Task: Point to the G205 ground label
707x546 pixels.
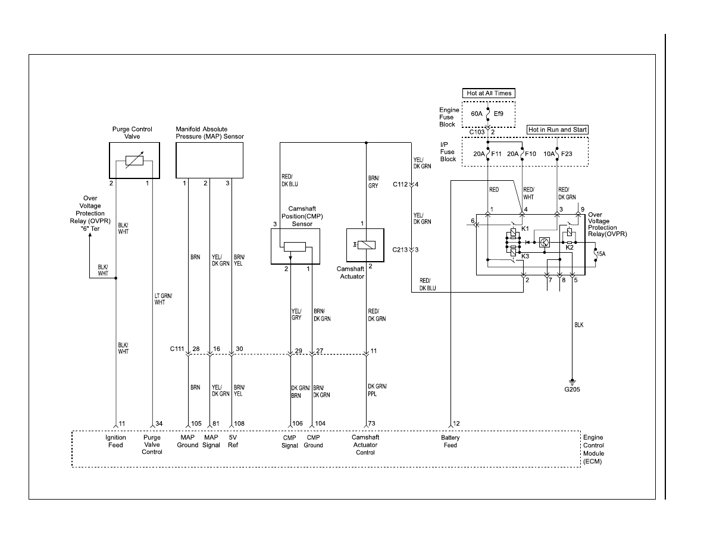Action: click(x=572, y=389)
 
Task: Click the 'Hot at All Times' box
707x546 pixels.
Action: click(x=489, y=93)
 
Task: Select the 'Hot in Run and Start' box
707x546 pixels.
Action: click(x=558, y=130)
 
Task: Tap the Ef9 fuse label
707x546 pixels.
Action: click(x=498, y=114)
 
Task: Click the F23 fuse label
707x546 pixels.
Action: click(x=567, y=153)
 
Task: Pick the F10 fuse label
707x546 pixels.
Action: click(x=530, y=153)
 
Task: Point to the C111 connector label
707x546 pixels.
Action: click(x=177, y=349)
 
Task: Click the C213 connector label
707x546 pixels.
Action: click(x=400, y=250)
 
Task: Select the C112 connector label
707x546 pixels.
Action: click(x=401, y=184)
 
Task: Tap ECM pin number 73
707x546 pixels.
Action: click(x=371, y=423)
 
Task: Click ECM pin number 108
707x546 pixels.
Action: click(x=239, y=423)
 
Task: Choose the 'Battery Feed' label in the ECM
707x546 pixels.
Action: click(x=451, y=441)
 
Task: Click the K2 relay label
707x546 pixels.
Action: click(x=570, y=247)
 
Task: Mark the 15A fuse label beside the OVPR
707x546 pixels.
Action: click(x=601, y=253)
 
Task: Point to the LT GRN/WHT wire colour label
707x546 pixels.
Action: click(x=163, y=299)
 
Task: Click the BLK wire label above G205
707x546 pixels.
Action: click(x=579, y=325)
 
